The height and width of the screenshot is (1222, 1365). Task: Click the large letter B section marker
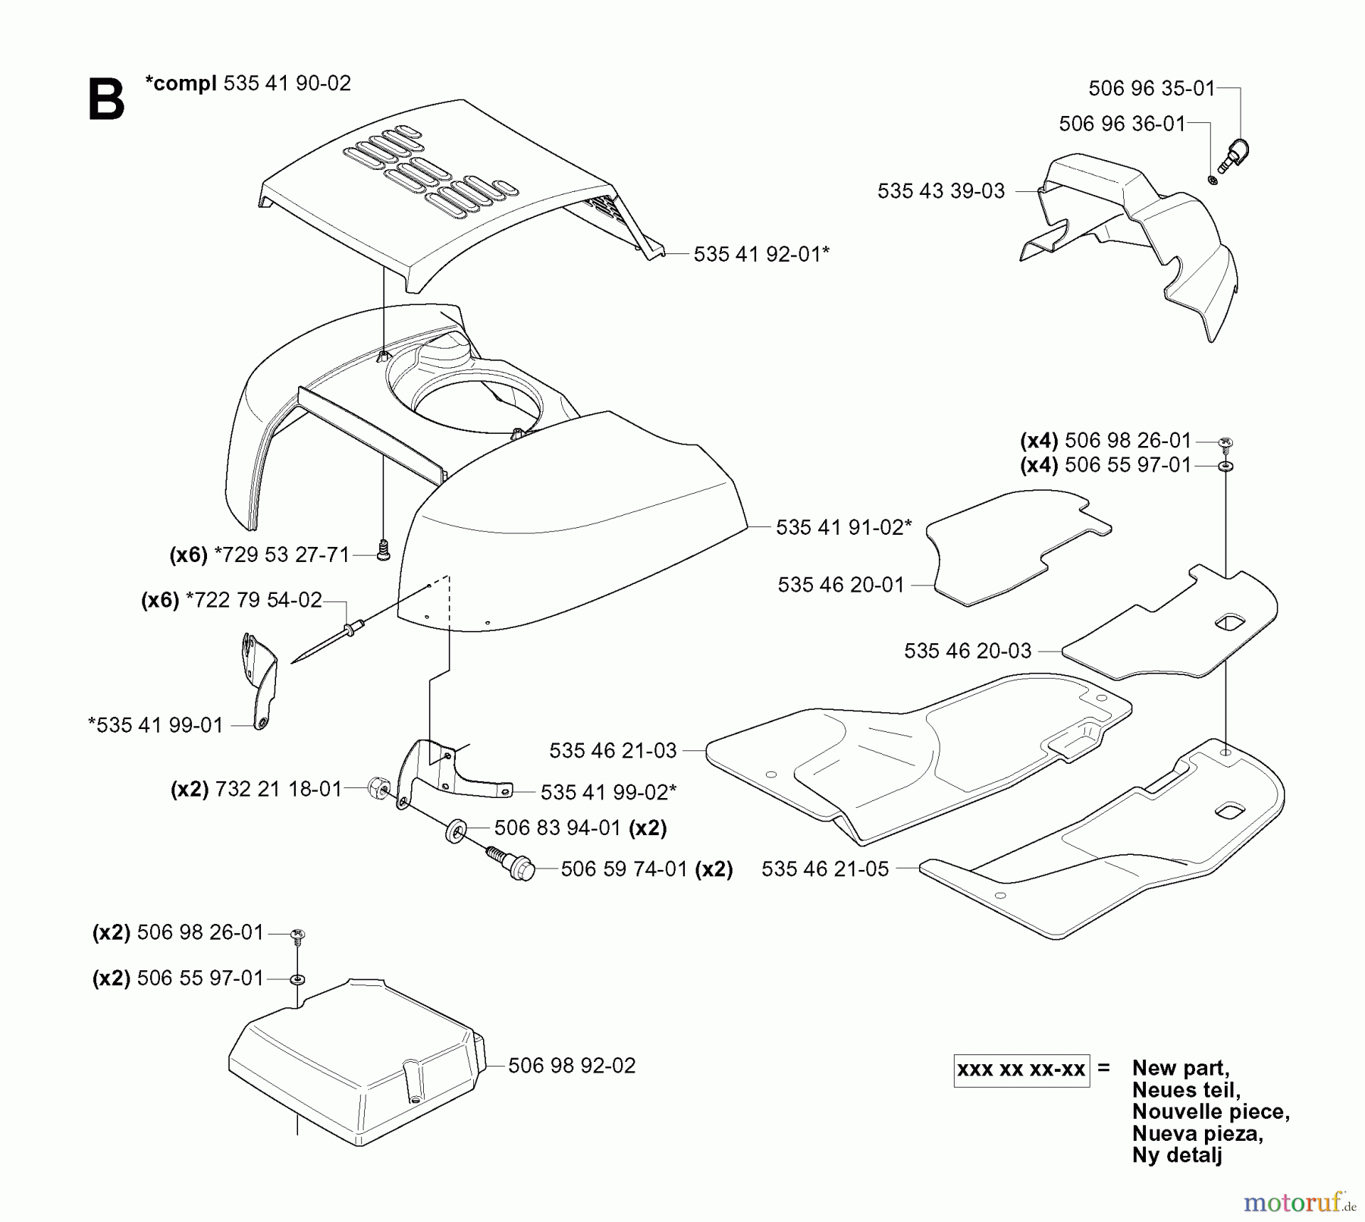click(106, 100)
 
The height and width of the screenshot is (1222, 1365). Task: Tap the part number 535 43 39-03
click(940, 191)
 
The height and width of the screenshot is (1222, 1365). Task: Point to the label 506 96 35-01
click(1151, 89)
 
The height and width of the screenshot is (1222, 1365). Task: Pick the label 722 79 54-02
click(253, 601)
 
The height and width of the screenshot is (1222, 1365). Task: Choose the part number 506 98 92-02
click(572, 1066)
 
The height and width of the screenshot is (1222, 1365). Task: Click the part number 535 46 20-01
click(841, 585)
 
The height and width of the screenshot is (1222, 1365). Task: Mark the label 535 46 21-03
click(613, 751)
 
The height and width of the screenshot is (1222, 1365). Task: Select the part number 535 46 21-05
click(825, 869)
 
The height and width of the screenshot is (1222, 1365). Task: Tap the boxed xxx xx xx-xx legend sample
click(1021, 1070)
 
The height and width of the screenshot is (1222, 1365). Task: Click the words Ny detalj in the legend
click(1177, 1155)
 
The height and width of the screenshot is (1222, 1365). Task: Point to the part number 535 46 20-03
click(968, 651)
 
